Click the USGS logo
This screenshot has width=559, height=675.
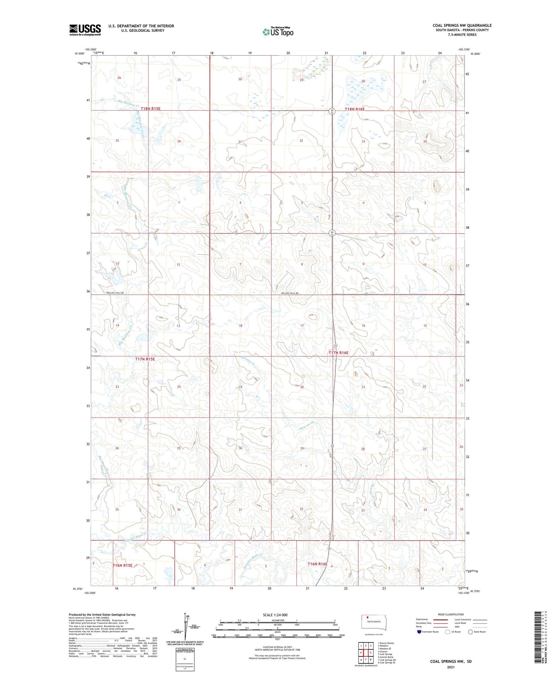(85, 30)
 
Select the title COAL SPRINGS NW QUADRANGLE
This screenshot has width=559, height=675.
(462, 26)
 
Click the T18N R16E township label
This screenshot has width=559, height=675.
(354, 109)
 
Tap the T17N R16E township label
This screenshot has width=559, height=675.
(338, 353)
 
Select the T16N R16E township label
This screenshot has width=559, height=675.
(317, 564)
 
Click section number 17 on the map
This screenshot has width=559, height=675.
(302, 326)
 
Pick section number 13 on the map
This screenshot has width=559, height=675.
(178, 326)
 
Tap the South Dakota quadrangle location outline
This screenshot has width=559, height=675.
(373, 622)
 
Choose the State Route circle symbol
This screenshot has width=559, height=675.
(470, 632)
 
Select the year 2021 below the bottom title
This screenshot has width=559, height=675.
(451, 667)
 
